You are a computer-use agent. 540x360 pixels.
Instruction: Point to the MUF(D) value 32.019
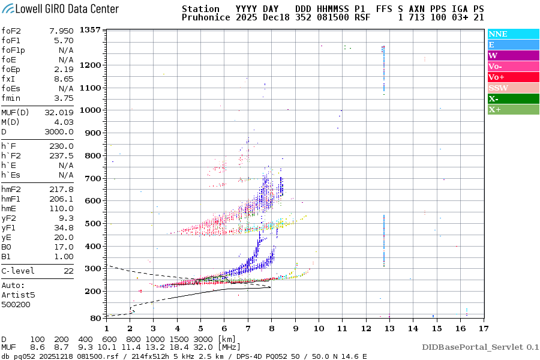(59, 112)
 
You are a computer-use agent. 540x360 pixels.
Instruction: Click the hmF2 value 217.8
(62, 189)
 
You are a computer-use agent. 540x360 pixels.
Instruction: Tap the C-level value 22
(68, 271)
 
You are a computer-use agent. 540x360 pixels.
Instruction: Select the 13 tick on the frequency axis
(389, 328)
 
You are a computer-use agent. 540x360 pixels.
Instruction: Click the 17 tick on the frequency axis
(484, 328)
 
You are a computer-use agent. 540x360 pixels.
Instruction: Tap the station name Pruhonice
(206, 18)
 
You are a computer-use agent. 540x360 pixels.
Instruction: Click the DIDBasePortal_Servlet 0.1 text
(480, 347)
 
